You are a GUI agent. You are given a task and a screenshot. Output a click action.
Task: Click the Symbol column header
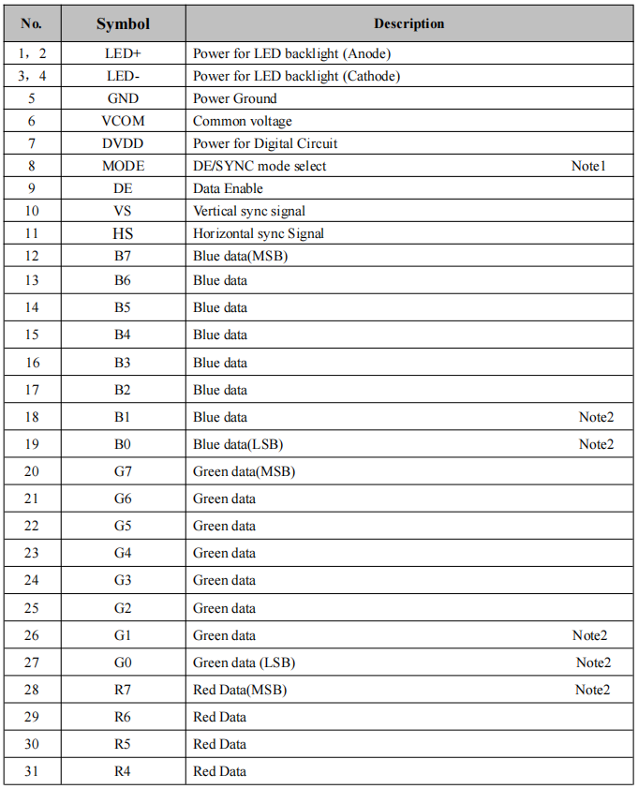click(123, 23)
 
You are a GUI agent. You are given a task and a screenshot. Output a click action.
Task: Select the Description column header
click(408, 23)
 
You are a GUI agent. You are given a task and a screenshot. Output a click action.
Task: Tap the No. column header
click(32, 23)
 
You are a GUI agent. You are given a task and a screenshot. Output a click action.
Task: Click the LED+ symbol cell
click(123, 53)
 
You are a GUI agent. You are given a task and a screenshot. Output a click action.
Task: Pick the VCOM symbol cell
click(123, 121)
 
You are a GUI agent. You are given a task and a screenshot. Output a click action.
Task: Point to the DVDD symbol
click(123, 143)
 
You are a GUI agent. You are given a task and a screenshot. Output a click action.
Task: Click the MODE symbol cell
click(123, 166)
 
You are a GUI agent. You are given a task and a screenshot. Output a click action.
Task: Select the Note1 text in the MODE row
click(589, 166)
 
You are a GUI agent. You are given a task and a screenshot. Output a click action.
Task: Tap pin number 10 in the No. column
click(32, 211)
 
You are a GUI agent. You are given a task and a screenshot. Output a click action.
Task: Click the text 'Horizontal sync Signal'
click(259, 233)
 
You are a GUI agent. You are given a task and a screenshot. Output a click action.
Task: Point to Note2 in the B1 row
click(596, 417)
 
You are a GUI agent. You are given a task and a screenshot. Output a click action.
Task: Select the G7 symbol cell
click(123, 471)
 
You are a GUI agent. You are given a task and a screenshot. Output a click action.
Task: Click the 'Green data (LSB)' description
click(244, 662)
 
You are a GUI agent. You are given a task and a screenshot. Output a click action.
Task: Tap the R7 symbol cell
click(123, 690)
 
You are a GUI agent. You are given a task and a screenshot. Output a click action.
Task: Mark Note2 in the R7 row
click(592, 690)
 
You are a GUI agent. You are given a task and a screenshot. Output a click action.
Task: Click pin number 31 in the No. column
click(32, 771)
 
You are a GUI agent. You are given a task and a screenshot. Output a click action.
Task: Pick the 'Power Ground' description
click(234, 98)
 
